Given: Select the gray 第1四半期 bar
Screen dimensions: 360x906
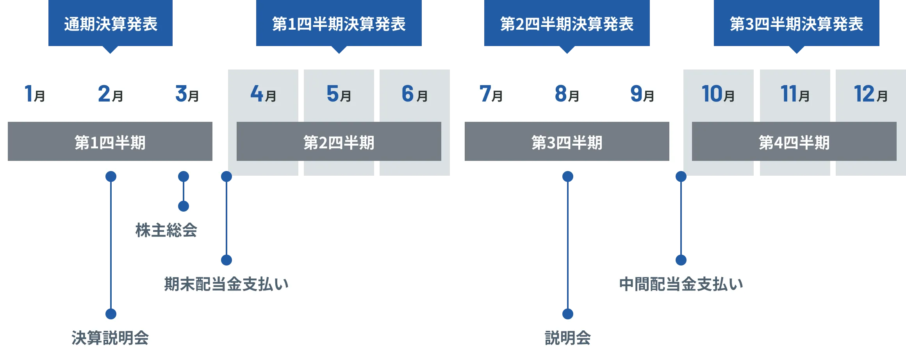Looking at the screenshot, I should click(x=110, y=142).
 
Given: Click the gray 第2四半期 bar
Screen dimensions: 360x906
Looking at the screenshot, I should click(x=339, y=142).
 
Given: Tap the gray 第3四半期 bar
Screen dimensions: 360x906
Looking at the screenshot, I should click(x=567, y=142).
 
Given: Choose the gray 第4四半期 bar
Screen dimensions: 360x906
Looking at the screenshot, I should click(x=794, y=142).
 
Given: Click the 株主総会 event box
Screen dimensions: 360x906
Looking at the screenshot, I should click(x=167, y=230).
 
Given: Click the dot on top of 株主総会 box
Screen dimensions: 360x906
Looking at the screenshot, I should click(x=184, y=205).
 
